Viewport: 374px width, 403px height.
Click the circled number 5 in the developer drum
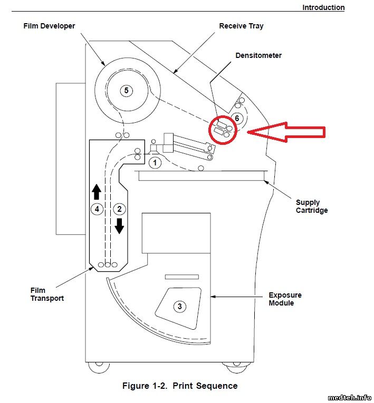click(126, 91)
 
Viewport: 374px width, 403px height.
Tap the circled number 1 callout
click(155, 163)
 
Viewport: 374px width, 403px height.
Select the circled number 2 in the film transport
click(119, 209)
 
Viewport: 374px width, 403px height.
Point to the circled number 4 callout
click(97, 209)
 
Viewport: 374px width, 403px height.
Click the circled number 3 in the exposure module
click(180, 307)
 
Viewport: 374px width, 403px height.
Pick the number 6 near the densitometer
click(237, 118)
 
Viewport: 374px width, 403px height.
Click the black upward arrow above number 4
click(97, 192)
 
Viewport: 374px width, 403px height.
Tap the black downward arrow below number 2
click(119, 226)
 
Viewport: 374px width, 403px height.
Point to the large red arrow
click(286, 132)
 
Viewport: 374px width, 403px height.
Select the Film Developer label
click(49, 26)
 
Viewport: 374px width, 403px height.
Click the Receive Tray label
click(241, 26)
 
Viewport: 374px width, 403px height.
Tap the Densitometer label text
click(258, 55)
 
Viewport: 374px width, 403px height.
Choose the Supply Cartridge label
click(312, 207)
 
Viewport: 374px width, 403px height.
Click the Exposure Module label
click(285, 299)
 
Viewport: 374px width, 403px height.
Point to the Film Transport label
click(47, 294)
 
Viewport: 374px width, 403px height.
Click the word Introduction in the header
click(323, 7)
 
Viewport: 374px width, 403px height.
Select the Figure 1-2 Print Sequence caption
click(180, 386)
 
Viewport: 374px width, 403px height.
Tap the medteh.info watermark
click(349, 398)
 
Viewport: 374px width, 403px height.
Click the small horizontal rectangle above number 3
click(181, 277)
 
